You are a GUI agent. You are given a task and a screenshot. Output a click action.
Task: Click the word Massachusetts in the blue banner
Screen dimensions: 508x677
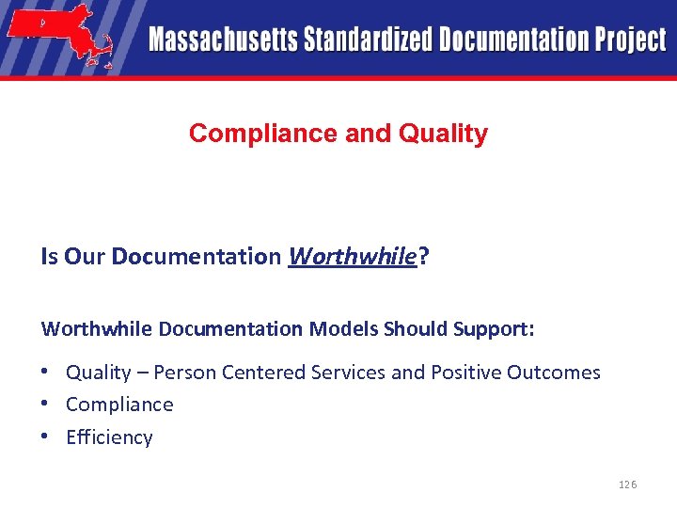[221, 40]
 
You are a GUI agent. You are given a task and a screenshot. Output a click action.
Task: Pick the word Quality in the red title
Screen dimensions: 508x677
[443, 134]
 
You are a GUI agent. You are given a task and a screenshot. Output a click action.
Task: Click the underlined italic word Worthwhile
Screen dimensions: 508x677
[352, 256]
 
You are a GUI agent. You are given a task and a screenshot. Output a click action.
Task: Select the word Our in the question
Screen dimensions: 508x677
[85, 256]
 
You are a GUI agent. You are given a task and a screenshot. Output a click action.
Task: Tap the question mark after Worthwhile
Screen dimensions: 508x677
[421, 256]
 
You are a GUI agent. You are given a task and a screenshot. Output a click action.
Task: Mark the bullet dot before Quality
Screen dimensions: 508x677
[46, 371]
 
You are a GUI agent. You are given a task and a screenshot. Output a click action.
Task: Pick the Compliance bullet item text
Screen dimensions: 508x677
[119, 405]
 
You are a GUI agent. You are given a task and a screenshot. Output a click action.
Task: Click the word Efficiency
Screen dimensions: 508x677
[109, 437]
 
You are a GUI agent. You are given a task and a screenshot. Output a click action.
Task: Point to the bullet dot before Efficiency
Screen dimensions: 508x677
[46, 436]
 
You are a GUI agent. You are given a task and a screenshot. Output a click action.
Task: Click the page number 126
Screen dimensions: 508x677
[627, 484]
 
